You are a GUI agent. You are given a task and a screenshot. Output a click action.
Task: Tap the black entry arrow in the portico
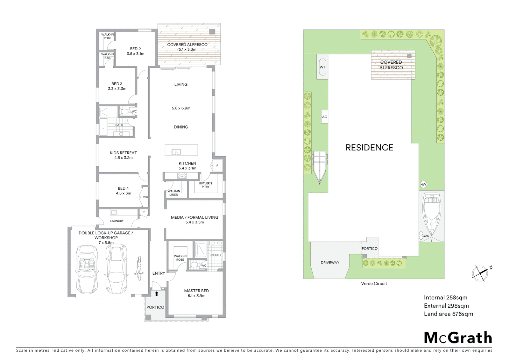157,294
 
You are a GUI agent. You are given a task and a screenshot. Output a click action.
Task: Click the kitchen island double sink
176,152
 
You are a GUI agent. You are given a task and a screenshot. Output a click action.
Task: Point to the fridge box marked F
217,166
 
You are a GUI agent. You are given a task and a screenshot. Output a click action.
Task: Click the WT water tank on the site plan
322,67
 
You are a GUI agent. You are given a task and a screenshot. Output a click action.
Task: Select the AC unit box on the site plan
324,117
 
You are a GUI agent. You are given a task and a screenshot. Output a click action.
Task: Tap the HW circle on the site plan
423,185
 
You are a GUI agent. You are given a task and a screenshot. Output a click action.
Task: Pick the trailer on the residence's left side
320,165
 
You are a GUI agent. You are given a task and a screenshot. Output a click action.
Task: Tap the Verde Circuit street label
374,284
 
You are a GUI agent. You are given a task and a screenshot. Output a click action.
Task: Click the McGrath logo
458,338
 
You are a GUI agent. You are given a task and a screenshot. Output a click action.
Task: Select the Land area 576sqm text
448,314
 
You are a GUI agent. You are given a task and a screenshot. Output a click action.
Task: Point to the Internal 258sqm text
445,298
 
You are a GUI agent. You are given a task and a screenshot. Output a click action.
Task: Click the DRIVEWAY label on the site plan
330,263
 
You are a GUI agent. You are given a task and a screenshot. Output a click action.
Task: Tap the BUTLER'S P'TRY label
206,185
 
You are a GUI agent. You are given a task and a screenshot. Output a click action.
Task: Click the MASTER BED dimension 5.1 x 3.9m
196,296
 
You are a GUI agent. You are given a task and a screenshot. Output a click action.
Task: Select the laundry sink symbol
114,212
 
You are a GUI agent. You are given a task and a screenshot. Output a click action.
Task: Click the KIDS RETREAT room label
123,153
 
